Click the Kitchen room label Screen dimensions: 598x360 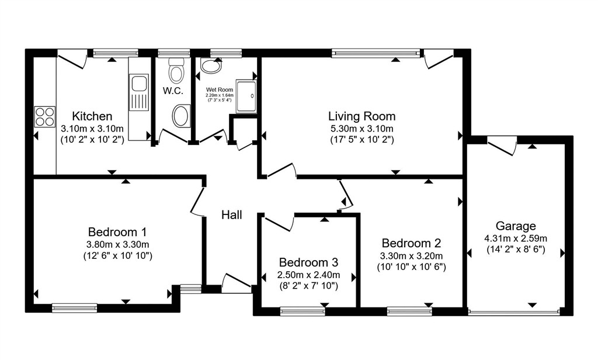coord(92,116)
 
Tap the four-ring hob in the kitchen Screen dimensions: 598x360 coord(45,116)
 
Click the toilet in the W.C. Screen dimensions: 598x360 coord(176,70)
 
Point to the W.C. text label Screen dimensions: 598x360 coord(173,91)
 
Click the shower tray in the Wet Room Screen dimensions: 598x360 coord(246,96)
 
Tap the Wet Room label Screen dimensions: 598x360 coord(220,90)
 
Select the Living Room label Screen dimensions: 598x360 coord(362,116)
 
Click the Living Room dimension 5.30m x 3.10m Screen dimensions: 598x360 coord(362,129)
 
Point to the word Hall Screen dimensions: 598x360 coord(232,215)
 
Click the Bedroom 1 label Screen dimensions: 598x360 coord(117,232)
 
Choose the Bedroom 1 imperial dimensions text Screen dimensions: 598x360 coord(118,256)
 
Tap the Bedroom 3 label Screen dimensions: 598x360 coord(308,262)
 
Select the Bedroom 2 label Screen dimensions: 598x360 coord(412,243)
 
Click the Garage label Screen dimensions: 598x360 coord(516,226)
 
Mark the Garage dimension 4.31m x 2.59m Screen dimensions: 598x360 coord(516,238)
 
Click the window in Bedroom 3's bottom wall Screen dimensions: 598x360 coord(303,311)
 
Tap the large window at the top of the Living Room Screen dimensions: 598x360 coord(376,53)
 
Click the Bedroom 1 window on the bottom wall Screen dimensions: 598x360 coord(74,308)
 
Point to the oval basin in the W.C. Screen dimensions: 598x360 coord(182,115)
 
